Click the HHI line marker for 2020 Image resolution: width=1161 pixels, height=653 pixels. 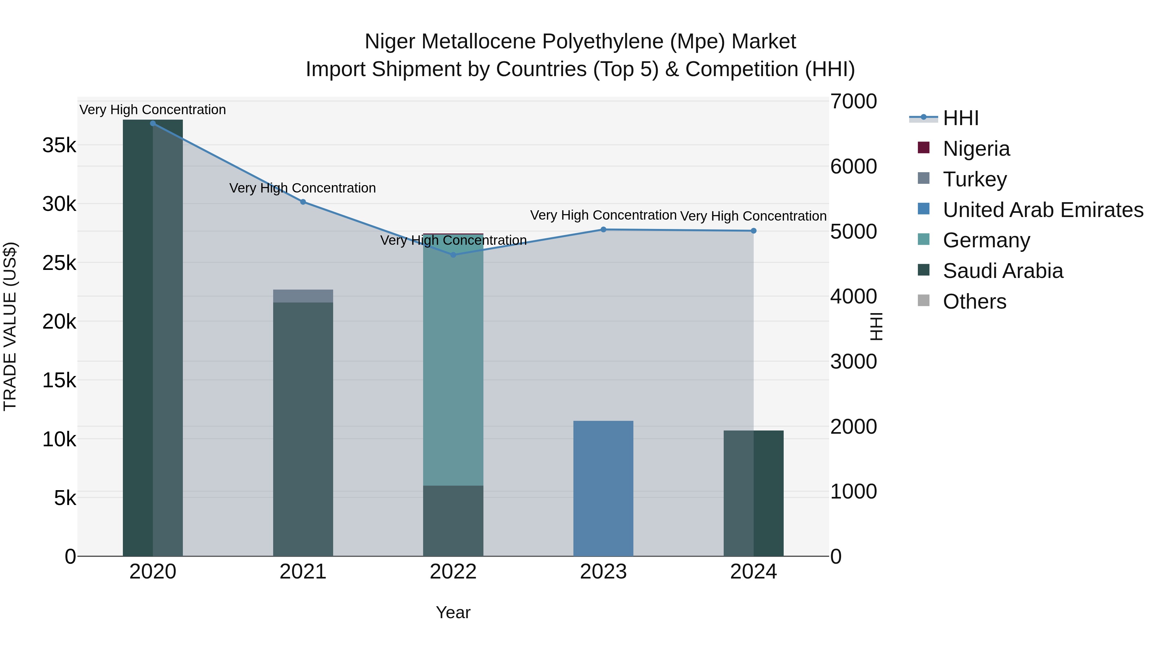pos(153,124)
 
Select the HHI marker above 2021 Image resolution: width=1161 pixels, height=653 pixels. pos(303,202)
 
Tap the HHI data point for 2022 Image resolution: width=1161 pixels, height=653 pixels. pos(453,255)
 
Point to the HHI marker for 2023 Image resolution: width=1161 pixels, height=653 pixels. pos(603,229)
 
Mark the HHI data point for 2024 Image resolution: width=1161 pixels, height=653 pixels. pos(754,231)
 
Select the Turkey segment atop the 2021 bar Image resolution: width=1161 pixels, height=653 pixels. pos(303,296)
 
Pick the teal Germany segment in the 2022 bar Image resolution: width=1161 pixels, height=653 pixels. pos(453,361)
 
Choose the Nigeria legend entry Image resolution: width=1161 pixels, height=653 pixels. pos(976,149)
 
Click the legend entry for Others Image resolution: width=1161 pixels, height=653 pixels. pos(974,302)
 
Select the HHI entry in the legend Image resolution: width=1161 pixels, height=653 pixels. pos(961,118)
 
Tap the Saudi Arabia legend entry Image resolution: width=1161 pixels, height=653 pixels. pos(1003,271)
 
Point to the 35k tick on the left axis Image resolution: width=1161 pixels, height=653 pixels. pos(59,145)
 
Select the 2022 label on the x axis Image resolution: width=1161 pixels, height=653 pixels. pos(453,572)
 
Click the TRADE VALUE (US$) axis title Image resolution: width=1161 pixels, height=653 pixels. pos(10,326)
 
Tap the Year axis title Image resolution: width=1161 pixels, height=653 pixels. pos(453,612)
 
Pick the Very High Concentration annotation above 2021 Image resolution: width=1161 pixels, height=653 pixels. pos(303,188)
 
